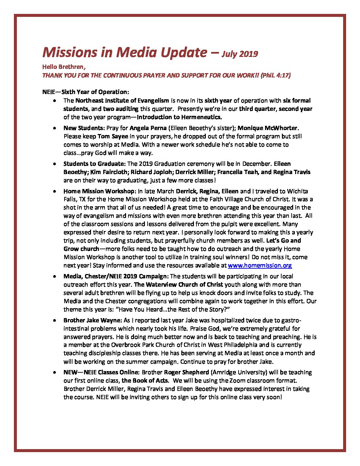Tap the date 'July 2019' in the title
[240, 54]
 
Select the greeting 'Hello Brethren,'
[64, 67]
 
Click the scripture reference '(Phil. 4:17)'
[276, 75]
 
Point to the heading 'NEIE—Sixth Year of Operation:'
[86, 92]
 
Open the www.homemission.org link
[260, 265]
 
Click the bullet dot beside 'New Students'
[54, 128]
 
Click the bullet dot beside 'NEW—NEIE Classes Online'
[54, 373]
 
